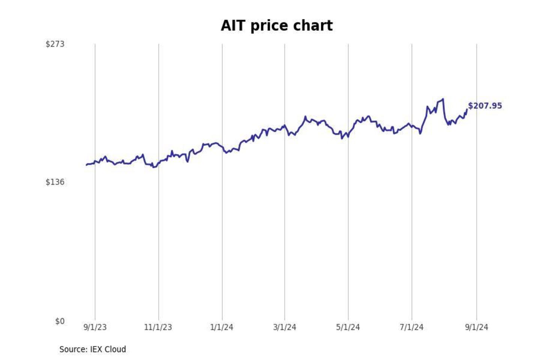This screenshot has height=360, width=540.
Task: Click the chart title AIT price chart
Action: [x=276, y=26]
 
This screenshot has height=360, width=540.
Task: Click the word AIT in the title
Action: [x=232, y=26]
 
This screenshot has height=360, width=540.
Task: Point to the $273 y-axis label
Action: [x=55, y=44]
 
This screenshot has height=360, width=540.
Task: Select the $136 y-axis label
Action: [x=55, y=182]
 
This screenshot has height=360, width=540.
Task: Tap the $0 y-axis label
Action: [x=60, y=321]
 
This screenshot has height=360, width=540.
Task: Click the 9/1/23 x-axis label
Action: [x=95, y=327]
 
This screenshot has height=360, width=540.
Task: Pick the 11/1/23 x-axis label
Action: [x=158, y=327]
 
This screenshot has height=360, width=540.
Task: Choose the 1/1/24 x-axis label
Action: [x=222, y=327]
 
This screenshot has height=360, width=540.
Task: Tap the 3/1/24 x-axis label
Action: [x=285, y=327]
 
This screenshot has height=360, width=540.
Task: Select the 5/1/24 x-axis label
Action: [x=348, y=327]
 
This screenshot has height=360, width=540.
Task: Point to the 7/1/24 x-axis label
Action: [x=411, y=327]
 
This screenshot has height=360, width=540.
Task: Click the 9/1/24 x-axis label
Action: [x=477, y=327]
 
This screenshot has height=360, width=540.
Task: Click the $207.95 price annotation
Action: [x=485, y=106]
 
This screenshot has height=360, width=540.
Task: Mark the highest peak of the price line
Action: [x=443, y=99]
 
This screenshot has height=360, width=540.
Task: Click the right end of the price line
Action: [x=467, y=109]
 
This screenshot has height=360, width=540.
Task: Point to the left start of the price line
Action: [x=86, y=165]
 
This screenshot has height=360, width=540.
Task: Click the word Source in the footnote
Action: [x=73, y=349]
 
